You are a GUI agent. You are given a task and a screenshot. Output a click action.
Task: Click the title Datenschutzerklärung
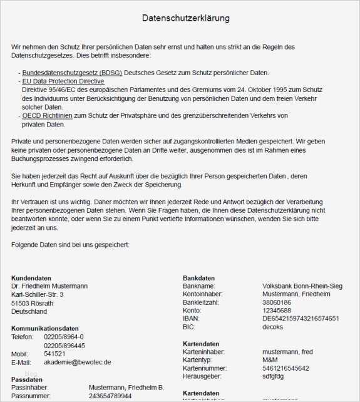click(x=186, y=18)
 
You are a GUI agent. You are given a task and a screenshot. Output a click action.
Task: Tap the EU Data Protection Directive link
click(x=63, y=81)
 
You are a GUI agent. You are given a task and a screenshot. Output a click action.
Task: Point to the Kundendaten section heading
click(x=31, y=278)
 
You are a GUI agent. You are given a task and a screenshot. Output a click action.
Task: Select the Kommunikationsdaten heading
click(x=45, y=328)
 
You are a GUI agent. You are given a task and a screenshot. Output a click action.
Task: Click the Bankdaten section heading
click(x=198, y=278)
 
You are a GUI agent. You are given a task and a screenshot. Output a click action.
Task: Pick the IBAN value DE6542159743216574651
click(x=301, y=319)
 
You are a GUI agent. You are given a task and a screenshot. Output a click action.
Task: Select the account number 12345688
click(x=277, y=311)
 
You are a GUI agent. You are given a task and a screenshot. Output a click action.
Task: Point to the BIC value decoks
click(x=272, y=327)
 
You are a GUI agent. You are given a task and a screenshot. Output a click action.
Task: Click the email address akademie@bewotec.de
click(x=78, y=362)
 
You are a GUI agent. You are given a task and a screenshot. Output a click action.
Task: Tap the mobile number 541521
click(x=54, y=354)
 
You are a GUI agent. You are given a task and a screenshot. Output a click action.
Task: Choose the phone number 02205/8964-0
click(x=64, y=337)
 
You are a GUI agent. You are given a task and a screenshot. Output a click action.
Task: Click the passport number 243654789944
click(x=110, y=396)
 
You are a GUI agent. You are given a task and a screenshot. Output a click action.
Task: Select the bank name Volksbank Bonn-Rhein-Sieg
click(x=302, y=286)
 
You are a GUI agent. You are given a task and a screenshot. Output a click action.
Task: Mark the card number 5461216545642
click(x=285, y=368)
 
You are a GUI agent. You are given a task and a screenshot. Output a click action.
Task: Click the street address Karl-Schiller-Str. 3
click(x=37, y=294)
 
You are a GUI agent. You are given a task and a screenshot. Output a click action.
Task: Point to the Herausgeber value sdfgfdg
click(x=274, y=376)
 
